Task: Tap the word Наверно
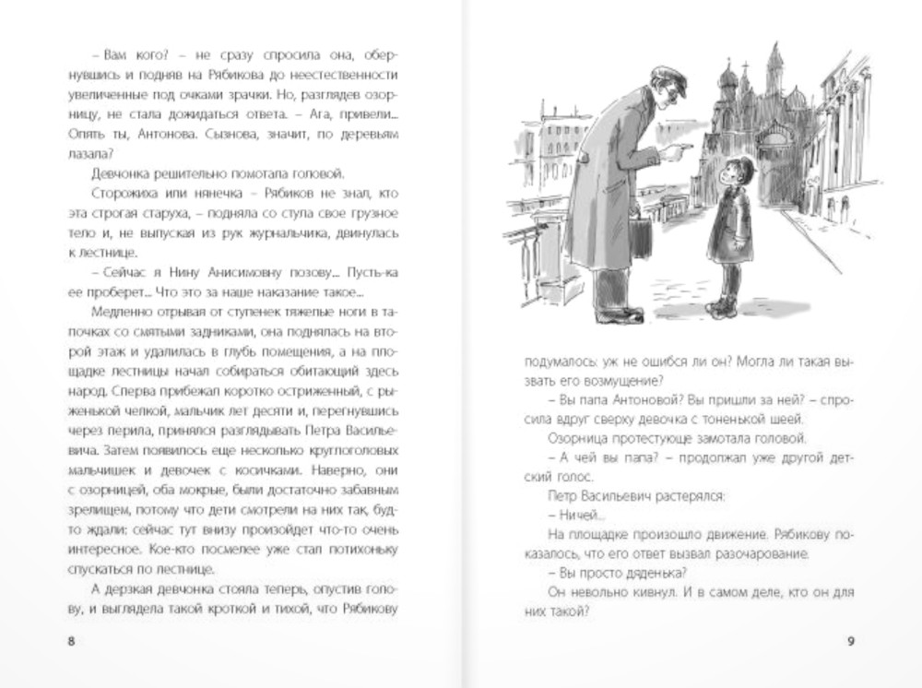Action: [x=348, y=472]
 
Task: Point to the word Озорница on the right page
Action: [x=589, y=437]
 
